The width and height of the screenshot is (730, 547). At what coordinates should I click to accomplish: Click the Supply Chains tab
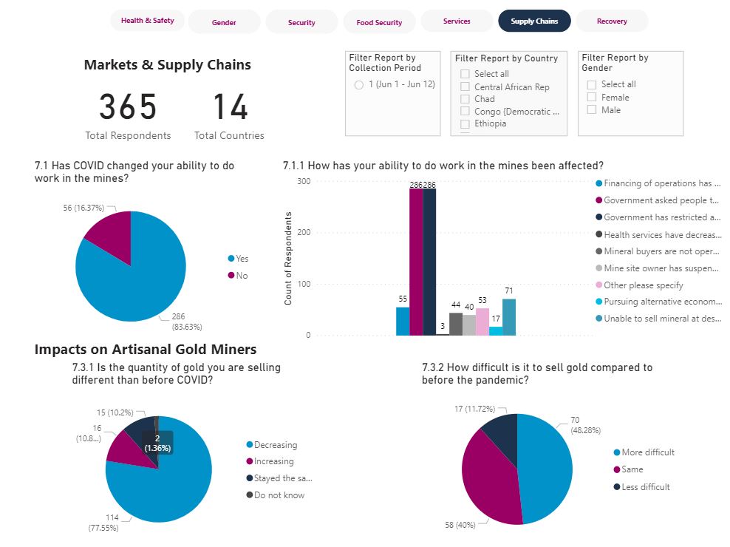pyautogui.click(x=534, y=21)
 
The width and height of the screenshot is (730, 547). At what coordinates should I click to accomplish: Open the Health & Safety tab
pyautogui.click(x=148, y=21)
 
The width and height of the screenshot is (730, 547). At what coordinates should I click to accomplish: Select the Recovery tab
pyautogui.click(x=612, y=21)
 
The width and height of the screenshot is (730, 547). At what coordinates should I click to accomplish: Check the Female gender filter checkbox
pyautogui.click(x=592, y=97)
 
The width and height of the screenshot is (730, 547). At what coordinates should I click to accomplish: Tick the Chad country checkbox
pyautogui.click(x=465, y=98)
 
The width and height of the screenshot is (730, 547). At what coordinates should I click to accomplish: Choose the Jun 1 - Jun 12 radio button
pyautogui.click(x=359, y=85)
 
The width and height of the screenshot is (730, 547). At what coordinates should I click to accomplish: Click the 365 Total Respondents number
pyautogui.click(x=128, y=108)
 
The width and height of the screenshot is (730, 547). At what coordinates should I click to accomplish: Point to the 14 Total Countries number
pyautogui.click(x=229, y=108)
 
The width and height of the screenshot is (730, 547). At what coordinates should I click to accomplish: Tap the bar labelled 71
pyautogui.click(x=509, y=317)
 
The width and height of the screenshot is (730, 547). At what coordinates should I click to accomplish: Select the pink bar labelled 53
pyautogui.click(x=482, y=322)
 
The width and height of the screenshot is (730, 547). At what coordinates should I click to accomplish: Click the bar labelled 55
pyautogui.click(x=403, y=322)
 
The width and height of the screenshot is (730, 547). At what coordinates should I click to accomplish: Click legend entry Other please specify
pyautogui.click(x=643, y=285)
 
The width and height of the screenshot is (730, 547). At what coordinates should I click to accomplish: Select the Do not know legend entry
pyautogui.click(x=279, y=495)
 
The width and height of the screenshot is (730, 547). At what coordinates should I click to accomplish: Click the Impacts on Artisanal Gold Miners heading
pyautogui.click(x=146, y=350)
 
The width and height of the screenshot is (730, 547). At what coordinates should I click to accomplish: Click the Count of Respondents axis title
pyautogui.click(x=289, y=258)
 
